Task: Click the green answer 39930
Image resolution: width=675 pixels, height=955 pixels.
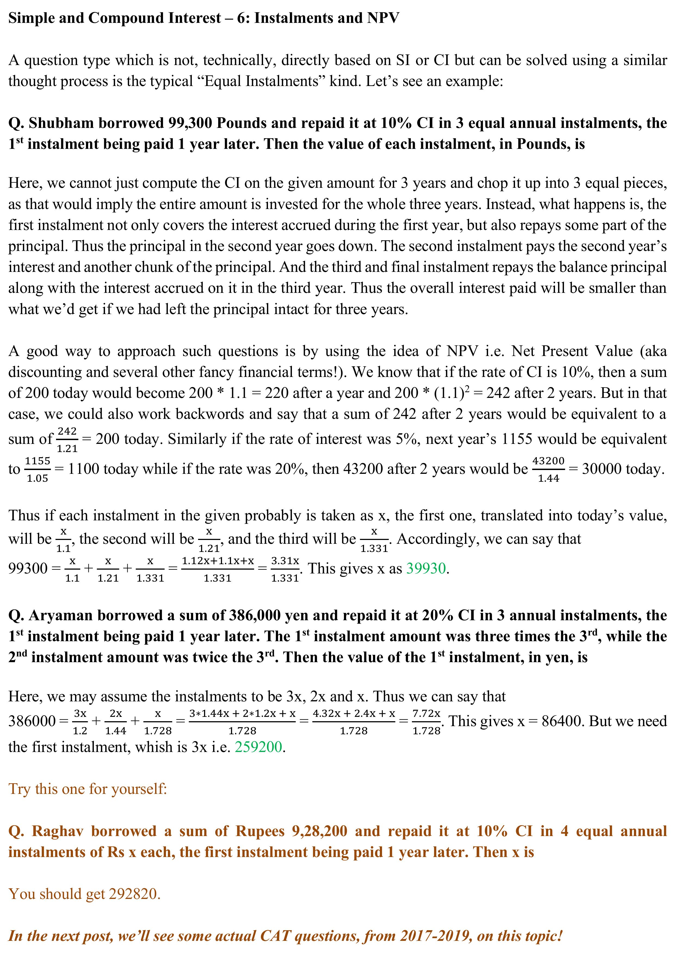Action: click(x=426, y=568)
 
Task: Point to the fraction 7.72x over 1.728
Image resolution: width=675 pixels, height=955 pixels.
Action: click(x=426, y=722)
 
